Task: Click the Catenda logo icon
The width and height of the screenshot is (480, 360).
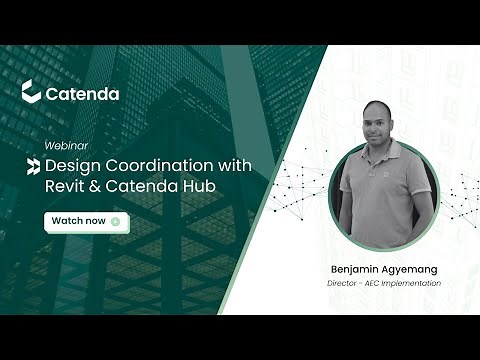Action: click(x=30, y=92)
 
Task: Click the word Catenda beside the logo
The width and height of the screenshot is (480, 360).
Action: click(x=83, y=93)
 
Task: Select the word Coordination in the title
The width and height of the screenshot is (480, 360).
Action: click(x=151, y=164)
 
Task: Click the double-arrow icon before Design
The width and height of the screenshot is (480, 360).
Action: click(x=34, y=165)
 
